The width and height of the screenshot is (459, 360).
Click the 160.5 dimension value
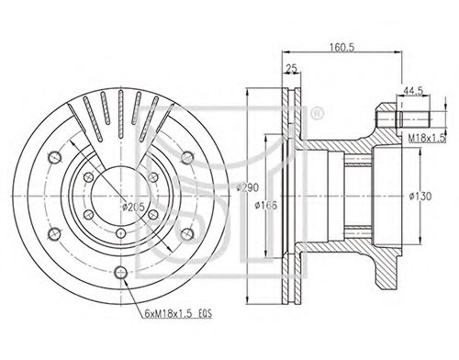click(341, 47)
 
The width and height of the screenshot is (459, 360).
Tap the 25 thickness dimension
click(291, 69)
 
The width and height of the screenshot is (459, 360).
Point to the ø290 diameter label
click(248, 187)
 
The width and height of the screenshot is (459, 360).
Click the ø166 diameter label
click(266, 205)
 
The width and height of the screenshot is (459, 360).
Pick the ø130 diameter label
click(420, 196)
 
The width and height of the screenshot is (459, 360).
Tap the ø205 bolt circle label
click(133, 207)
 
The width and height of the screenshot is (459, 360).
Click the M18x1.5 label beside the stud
click(426, 139)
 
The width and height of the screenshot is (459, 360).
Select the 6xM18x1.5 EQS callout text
click(178, 313)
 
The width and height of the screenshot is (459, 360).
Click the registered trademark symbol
click(317, 113)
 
